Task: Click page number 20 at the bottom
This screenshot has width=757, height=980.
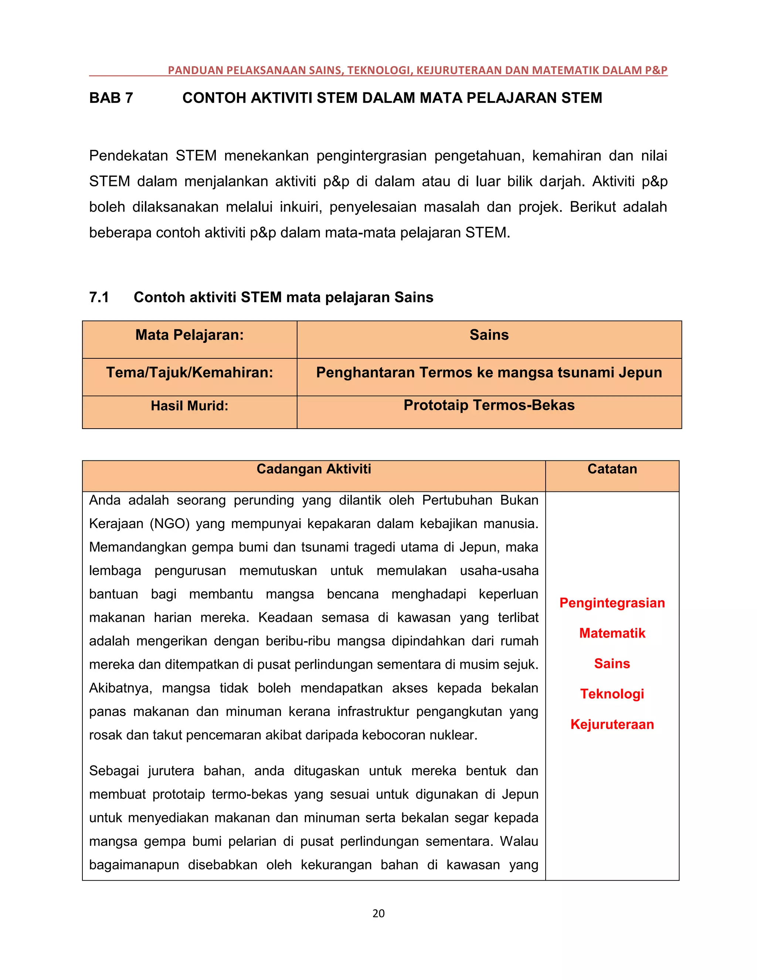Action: coord(378,913)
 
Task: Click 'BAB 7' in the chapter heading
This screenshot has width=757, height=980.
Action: coord(111,98)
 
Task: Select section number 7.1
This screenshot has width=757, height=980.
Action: coord(99,297)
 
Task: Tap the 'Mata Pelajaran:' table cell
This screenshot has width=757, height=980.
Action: coord(189,335)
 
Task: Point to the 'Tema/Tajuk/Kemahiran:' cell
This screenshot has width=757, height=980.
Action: coord(189,372)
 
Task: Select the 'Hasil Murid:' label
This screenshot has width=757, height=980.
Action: coord(189,406)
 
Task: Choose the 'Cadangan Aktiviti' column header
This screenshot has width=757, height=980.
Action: coord(313,469)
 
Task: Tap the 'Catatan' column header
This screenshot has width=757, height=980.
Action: coord(612,469)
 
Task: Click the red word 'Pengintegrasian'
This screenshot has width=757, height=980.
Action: coord(612,603)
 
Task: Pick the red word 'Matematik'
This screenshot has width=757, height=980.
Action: coord(612,633)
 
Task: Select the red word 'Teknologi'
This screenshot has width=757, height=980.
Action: coord(612,694)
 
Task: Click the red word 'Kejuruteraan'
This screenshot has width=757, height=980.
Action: coord(612,724)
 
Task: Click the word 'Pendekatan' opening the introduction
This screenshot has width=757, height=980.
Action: coord(128,156)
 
